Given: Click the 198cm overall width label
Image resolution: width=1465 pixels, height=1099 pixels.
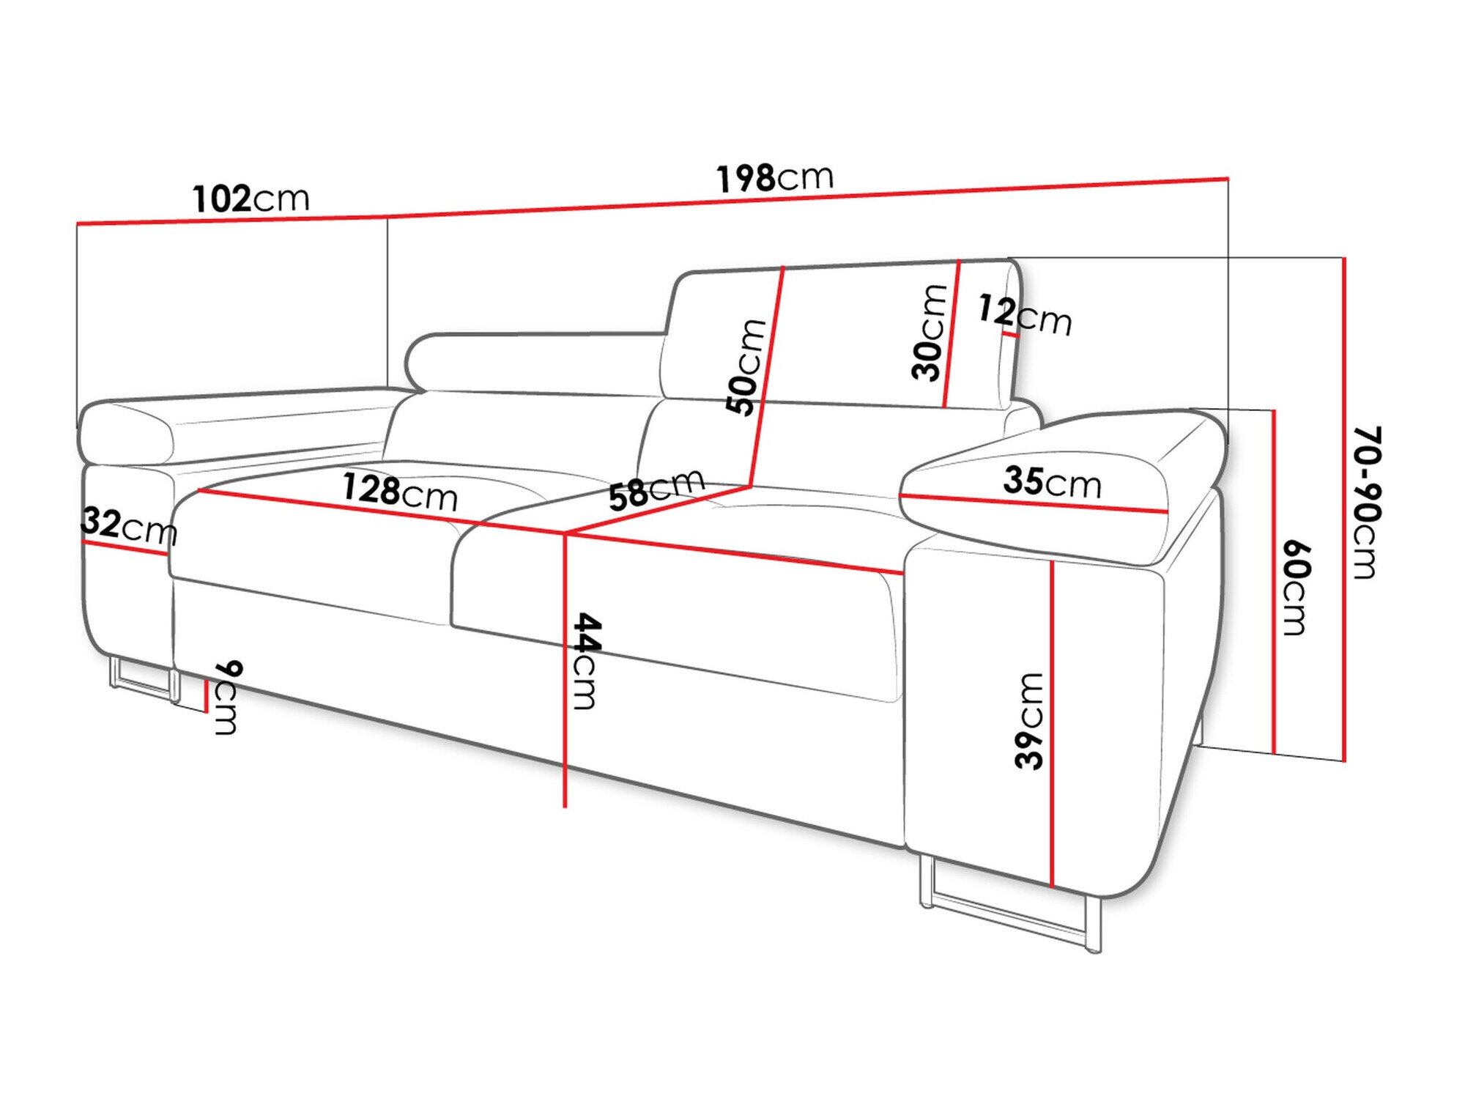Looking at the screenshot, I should (x=775, y=178).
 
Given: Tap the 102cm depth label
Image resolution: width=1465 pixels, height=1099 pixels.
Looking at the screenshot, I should (x=251, y=199).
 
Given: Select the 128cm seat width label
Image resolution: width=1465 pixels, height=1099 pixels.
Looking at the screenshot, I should (x=400, y=492).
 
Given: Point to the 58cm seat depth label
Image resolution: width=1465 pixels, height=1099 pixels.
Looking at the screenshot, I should (x=656, y=489).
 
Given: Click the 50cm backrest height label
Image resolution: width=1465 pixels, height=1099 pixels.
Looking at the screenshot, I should (x=746, y=368).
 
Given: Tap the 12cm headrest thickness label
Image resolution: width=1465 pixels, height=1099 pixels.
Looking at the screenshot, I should (x=1024, y=315).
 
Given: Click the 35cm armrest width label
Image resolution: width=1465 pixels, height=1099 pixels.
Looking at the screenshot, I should (x=1052, y=482).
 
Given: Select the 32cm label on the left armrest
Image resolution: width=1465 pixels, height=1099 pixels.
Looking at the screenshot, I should (x=129, y=525).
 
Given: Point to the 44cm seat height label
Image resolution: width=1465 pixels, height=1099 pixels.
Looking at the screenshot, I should (x=586, y=661).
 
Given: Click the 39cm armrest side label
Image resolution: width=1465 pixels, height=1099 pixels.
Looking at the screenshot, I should (x=1028, y=721).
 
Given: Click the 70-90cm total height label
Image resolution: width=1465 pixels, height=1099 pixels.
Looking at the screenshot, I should (x=1365, y=503).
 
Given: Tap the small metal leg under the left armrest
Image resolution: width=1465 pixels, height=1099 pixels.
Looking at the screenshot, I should (x=144, y=680).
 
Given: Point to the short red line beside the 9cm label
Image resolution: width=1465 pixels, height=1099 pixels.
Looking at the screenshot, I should (x=207, y=695).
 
